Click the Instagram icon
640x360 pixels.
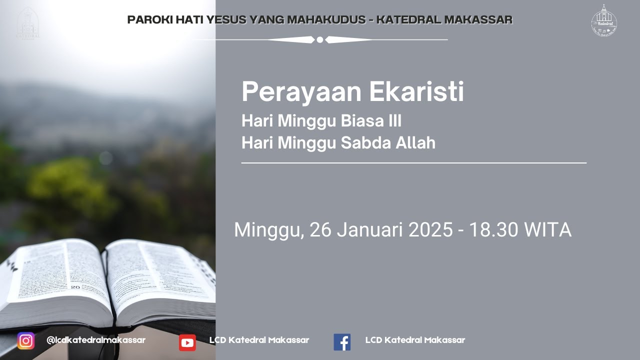coord(26,340)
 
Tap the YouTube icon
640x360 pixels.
coord(187,342)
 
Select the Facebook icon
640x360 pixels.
coord(342,342)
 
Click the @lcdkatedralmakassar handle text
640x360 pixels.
coord(96,340)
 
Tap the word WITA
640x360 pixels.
coord(547,230)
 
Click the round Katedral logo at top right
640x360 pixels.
coord(604,21)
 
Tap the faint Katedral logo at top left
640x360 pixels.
coord(28,22)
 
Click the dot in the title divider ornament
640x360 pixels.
coord(320,39)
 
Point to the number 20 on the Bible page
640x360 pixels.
coord(75,287)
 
